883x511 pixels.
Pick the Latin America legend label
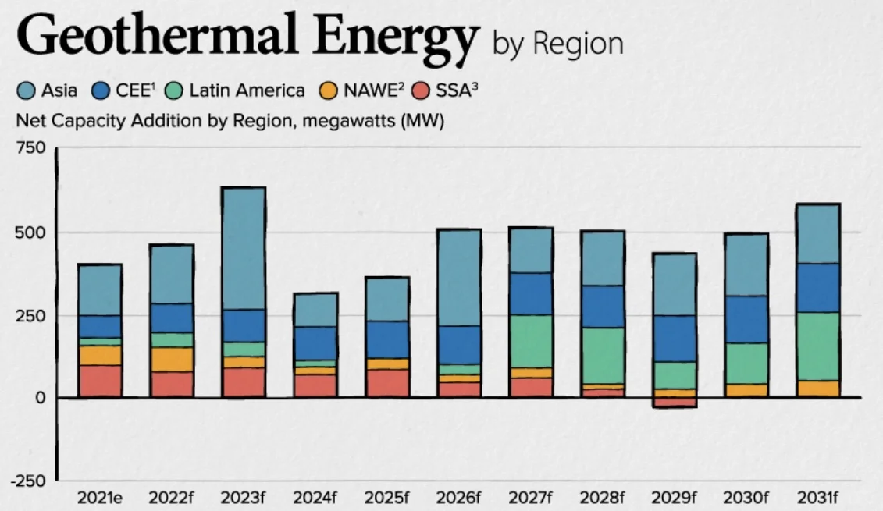coord(247,91)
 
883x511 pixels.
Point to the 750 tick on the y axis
coord(32,147)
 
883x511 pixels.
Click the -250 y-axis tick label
coord(28,481)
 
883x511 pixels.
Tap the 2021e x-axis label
coord(100,498)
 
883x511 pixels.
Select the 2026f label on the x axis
coord(459,498)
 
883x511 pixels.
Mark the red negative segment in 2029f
coord(674,403)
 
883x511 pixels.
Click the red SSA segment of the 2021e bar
coord(100,381)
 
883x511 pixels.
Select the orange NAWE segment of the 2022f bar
coord(172,360)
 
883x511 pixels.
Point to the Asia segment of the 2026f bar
coord(459,277)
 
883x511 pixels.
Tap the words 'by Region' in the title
coord(557,44)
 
